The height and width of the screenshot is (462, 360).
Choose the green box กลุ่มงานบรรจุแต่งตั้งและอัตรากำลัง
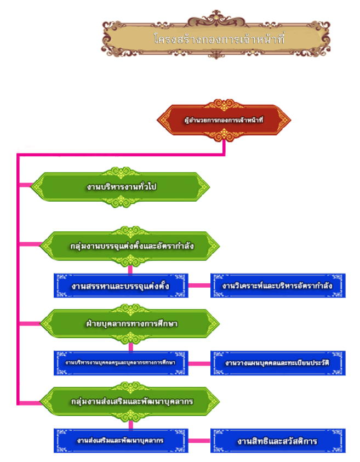point(132,246)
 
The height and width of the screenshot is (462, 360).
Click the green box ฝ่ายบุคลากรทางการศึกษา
point(132,323)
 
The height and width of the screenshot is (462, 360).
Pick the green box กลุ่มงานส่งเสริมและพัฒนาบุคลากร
point(132,401)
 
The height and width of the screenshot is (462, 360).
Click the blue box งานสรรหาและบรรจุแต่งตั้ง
point(121,286)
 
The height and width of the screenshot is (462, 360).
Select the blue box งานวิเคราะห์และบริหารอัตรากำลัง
point(278,286)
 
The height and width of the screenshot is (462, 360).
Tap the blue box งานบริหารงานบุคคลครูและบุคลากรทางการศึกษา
point(121,363)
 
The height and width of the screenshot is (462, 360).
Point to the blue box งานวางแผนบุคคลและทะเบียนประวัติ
point(278,363)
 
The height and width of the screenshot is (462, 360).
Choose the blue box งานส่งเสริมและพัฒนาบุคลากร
point(121,440)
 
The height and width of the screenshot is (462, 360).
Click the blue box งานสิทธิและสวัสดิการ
point(278,440)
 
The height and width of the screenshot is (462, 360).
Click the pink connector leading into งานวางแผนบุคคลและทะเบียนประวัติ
point(199,363)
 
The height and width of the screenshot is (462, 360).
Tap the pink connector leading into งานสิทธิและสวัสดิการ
point(199,440)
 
